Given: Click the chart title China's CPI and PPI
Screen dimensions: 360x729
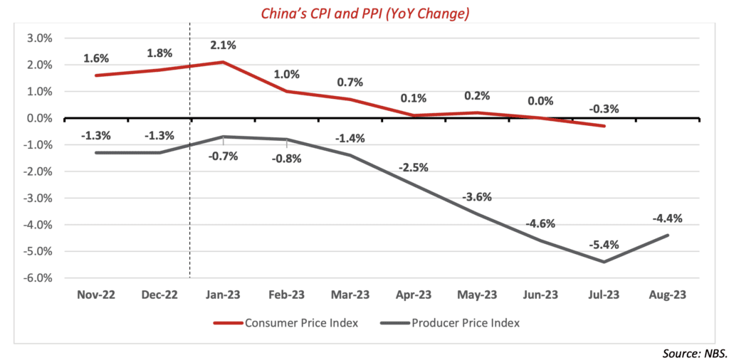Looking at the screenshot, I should point(364,12).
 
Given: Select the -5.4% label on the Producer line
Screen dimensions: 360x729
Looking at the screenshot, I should point(605,245).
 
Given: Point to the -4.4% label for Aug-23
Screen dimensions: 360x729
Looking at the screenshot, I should point(667,218).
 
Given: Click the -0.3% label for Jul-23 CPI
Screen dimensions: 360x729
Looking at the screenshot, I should point(604,109).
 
